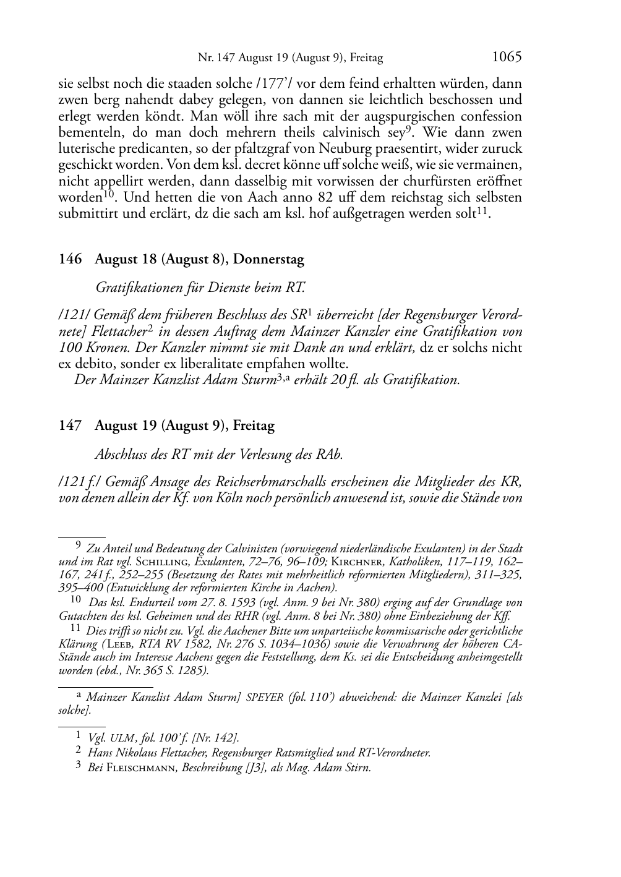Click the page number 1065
pyautogui.click(x=507, y=57)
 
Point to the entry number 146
pyautogui.click(x=70, y=260)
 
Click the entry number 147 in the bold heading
pyautogui.click(x=70, y=426)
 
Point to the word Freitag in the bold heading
pyautogui.click(x=254, y=426)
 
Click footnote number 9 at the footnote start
pyautogui.click(x=78, y=546)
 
